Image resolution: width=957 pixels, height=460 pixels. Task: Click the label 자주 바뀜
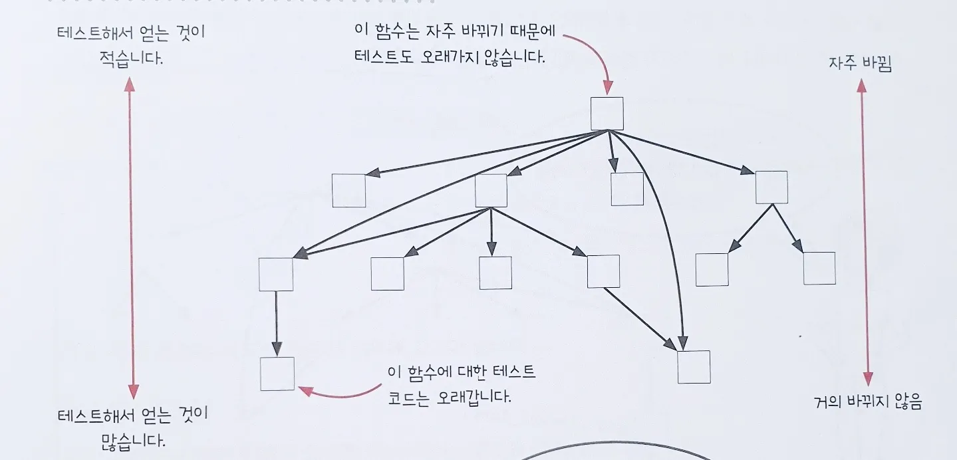[x=860, y=64]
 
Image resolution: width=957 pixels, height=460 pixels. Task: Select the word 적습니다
[x=130, y=58]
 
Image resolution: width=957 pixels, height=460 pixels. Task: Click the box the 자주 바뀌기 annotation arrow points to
[x=607, y=114]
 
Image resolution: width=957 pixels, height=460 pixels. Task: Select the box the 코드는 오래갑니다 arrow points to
[x=277, y=374]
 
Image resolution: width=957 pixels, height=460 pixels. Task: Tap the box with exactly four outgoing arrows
[x=491, y=190]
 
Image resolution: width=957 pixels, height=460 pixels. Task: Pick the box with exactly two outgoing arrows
[x=771, y=187]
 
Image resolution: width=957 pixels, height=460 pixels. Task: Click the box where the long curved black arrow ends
[x=694, y=366]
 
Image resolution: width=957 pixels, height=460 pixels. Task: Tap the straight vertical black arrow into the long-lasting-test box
[x=276, y=323]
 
